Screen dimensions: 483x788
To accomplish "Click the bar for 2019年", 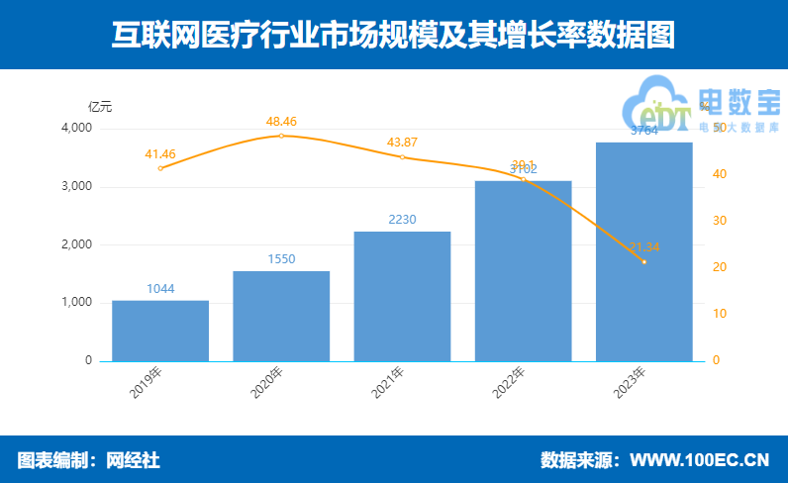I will pos(160,331).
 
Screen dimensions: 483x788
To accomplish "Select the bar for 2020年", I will pos(281,316).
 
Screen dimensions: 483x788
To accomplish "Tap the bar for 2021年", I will pos(402,296).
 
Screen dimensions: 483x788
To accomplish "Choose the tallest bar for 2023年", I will pos(643,251).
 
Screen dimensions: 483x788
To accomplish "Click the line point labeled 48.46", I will pos(281,136).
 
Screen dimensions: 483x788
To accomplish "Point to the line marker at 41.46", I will pos(160,168).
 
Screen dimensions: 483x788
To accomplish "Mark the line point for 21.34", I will pos(643,262).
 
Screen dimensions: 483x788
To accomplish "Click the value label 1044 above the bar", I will pos(160,289).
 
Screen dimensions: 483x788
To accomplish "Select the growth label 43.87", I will pos(402,143).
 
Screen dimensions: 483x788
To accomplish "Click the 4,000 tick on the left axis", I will pos(77,129).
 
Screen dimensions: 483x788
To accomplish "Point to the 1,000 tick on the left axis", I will pos(77,303).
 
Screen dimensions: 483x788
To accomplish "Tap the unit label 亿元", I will pos(100,106).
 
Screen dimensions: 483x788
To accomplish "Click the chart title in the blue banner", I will pos(393,36).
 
